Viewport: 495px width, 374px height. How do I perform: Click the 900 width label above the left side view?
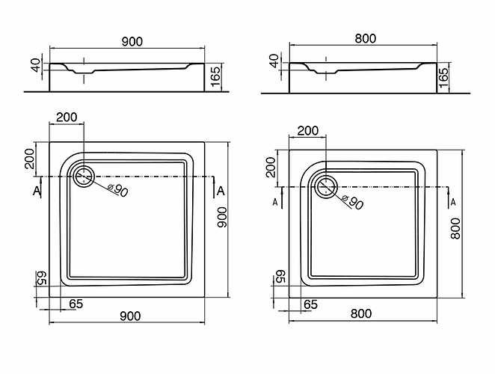[132, 41]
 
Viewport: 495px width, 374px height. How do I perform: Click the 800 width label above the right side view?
[366, 39]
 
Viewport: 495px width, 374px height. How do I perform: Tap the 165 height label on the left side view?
[215, 76]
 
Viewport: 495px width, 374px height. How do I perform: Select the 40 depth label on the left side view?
[37, 65]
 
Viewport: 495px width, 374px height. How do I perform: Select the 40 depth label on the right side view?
[274, 61]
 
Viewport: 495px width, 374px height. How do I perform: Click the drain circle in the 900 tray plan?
[84, 177]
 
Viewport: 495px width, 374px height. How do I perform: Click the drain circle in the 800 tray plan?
[326, 187]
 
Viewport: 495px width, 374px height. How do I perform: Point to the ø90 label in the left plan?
[117, 189]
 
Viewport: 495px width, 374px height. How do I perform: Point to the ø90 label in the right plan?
[353, 202]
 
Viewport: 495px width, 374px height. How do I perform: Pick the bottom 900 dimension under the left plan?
[130, 316]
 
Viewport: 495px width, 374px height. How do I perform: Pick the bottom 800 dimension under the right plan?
[361, 313]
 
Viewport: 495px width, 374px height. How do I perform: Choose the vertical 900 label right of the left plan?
[222, 218]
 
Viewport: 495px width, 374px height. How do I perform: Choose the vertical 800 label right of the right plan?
[455, 229]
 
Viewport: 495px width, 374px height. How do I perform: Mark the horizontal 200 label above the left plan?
[67, 117]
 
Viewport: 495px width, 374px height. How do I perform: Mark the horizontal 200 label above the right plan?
[308, 130]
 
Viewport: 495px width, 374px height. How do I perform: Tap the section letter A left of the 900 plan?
[37, 191]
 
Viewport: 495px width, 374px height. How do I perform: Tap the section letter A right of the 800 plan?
[453, 202]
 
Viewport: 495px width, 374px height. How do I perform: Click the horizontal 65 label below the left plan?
[76, 304]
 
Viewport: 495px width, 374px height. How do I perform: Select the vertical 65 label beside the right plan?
[280, 278]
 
